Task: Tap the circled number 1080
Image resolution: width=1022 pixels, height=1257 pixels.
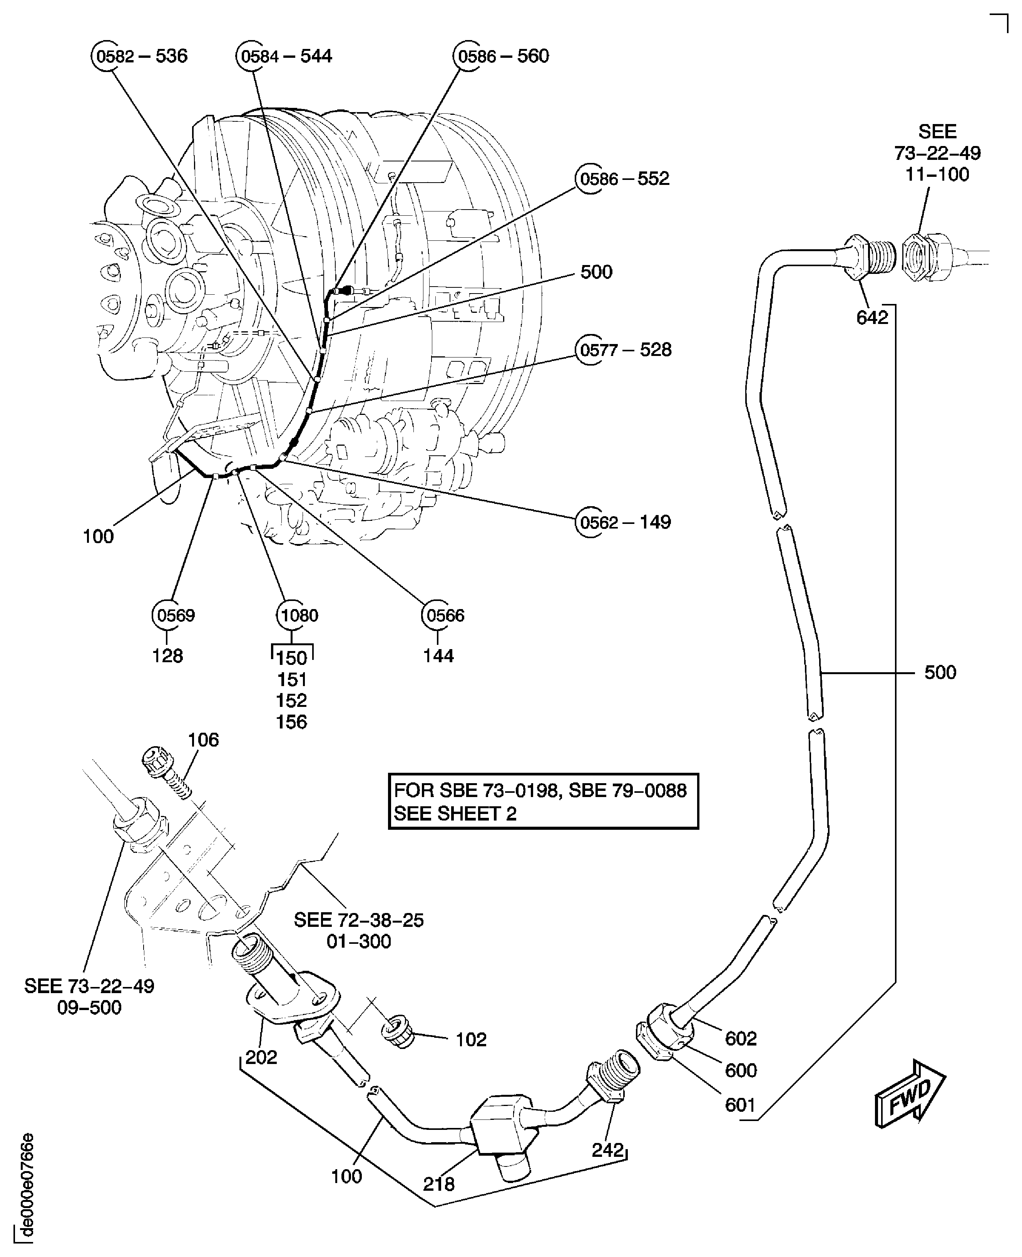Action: point(299,616)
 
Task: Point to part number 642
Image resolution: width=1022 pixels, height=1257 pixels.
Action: point(872,318)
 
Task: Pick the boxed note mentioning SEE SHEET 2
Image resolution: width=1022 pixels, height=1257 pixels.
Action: point(543,802)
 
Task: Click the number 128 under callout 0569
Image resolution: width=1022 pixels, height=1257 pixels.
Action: point(168,656)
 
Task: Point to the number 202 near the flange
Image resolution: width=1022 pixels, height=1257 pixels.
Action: point(261,1057)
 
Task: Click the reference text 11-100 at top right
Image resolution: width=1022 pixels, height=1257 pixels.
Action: point(937,175)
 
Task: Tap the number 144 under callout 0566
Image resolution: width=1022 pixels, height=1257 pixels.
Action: point(438,656)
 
